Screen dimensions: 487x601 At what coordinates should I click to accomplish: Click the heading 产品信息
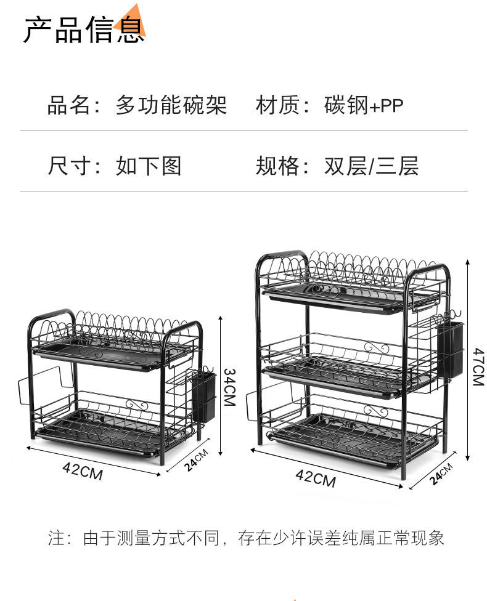84,29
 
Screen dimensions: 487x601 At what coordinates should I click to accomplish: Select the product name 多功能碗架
171,105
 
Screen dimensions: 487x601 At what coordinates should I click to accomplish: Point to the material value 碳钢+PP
364,105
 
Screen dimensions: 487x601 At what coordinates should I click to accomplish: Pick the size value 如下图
149,166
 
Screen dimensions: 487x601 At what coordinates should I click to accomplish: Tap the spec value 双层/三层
371,166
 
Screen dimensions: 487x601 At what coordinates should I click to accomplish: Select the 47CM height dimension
478,366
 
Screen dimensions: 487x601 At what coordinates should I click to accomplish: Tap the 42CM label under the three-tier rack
315,477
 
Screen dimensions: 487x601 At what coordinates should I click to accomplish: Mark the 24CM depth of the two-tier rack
197,460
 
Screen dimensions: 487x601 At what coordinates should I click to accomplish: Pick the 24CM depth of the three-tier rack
441,475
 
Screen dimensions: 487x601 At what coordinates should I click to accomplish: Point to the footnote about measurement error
246,538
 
